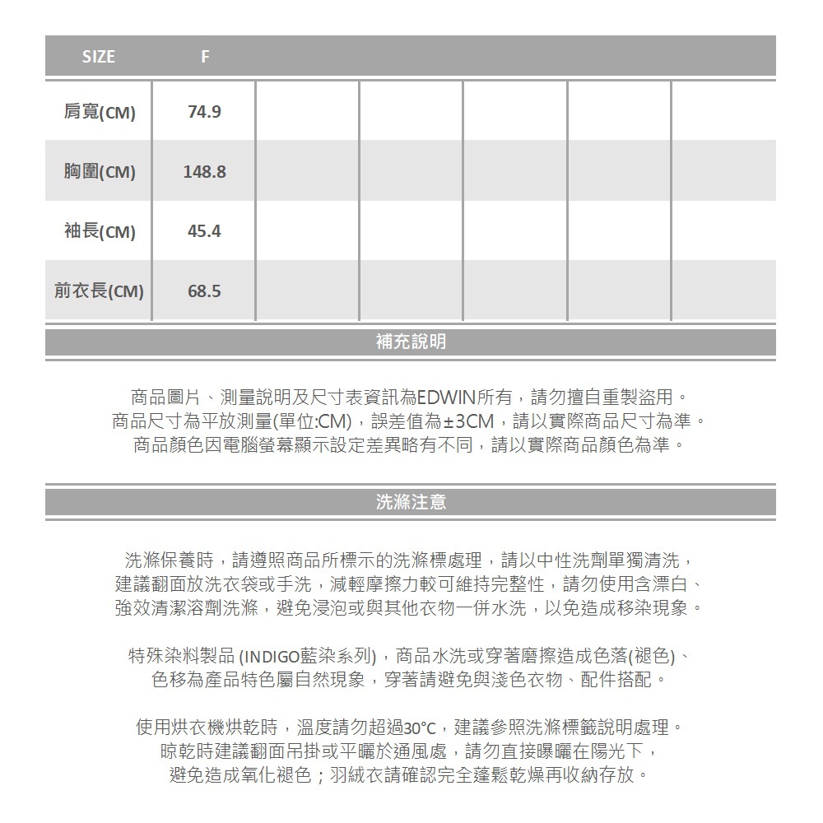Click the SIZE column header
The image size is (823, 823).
(x=99, y=57)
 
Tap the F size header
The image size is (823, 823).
(x=205, y=57)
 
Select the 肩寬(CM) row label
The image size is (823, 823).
(x=99, y=112)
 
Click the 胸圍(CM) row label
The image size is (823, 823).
(x=99, y=172)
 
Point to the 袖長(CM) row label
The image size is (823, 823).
(x=99, y=231)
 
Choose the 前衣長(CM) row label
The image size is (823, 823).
(x=99, y=291)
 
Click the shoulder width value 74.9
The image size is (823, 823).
(x=204, y=112)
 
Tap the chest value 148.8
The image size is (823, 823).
(x=204, y=172)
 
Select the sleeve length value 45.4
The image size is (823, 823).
(x=204, y=231)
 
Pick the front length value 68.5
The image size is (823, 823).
(x=204, y=291)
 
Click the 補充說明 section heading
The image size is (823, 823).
(x=411, y=342)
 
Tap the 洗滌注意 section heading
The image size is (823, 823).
(x=411, y=502)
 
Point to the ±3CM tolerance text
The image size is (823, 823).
(x=468, y=422)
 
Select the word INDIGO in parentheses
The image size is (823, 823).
(x=277, y=658)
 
